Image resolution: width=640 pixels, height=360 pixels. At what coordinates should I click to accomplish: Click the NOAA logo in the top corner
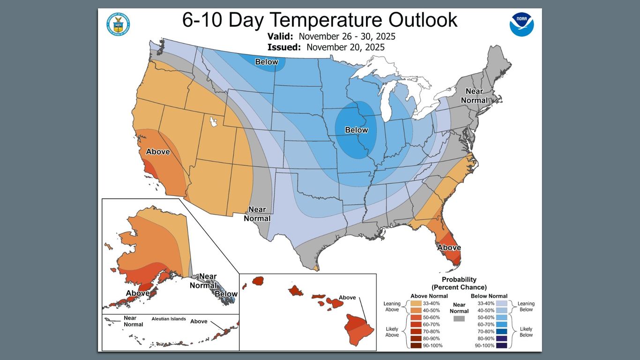click(521, 24)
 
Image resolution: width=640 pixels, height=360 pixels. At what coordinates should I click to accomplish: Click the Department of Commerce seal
click(118, 24)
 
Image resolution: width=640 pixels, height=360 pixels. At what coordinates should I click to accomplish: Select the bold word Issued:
click(284, 47)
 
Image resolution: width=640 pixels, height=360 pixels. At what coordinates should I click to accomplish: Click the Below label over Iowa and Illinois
click(357, 130)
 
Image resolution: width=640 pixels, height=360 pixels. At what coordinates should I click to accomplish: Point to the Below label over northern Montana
click(267, 62)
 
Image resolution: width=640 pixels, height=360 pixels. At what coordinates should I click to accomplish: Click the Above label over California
click(158, 151)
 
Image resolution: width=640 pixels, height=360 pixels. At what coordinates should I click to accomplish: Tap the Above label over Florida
click(449, 247)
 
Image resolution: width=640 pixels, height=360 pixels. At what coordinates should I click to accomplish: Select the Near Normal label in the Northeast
click(474, 96)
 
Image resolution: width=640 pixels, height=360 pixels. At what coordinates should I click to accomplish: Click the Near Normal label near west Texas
click(257, 214)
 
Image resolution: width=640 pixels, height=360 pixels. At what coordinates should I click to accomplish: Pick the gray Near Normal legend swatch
click(459, 319)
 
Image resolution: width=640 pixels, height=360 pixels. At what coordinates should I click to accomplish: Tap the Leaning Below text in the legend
click(526, 307)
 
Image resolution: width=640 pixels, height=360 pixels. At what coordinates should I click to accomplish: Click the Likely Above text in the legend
click(392, 331)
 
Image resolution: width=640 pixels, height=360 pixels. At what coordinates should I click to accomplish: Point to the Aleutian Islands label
click(169, 319)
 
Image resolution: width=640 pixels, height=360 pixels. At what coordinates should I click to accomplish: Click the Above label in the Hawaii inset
click(347, 298)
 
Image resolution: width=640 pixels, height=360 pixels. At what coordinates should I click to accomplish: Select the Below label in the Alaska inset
click(226, 294)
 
